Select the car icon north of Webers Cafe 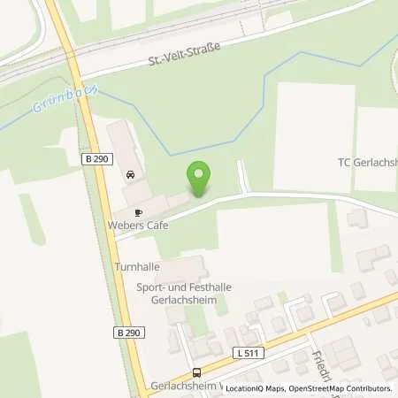tap(131, 174)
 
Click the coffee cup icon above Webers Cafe tap(138, 212)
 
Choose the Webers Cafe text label tap(140, 226)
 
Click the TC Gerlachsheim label tap(367, 162)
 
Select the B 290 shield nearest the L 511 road tap(126, 332)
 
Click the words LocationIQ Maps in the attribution tap(256, 388)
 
